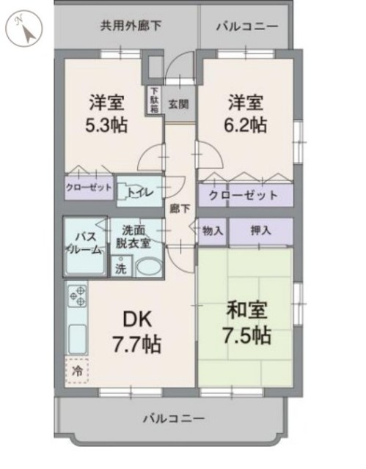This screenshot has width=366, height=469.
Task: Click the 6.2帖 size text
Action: point(245,125)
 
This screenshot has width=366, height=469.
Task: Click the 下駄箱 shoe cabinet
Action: point(155,99)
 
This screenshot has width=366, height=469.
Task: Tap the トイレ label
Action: point(139,193)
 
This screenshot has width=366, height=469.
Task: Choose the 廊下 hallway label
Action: point(180,209)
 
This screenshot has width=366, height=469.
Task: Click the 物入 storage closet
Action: point(213,231)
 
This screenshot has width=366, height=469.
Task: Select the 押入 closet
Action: point(260,231)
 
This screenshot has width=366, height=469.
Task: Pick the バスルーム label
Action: point(86,243)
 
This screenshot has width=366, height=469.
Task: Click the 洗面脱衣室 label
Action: point(136,236)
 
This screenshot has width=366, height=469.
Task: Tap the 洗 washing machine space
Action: point(120,268)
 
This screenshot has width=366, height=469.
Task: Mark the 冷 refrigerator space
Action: point(77,372)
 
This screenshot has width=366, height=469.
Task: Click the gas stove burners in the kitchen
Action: point(77,295)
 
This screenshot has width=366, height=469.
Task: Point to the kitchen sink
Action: point(78,338)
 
